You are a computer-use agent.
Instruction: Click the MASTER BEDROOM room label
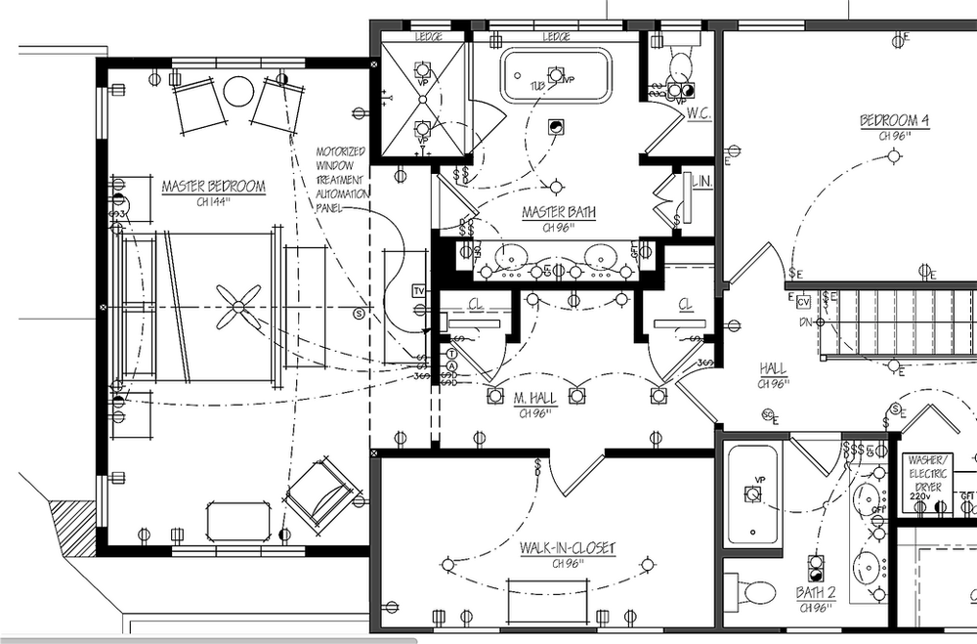(x=213, y=187)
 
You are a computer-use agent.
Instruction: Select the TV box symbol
(x=420, y=291)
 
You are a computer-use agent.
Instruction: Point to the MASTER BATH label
(x=558, y=212)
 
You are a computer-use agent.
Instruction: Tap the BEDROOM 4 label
(x=894, y=121)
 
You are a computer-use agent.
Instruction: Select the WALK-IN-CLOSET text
(x=568, y=549)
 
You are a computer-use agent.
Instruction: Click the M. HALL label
(x=534, y=399)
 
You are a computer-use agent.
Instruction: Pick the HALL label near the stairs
(x=773, y=368)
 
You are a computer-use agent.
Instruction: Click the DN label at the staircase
(x=804, y=321)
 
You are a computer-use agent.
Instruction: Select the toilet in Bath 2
(x=752, y=591)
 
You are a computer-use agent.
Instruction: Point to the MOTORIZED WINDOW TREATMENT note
(x=342, y=181)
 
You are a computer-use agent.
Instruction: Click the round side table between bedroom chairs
(x=237, y=92)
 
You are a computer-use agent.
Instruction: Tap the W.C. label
(x=697, y=113)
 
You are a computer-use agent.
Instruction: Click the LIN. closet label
(x=700, y=182)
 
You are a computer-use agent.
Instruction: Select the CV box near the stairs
(x=803, y=301)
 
